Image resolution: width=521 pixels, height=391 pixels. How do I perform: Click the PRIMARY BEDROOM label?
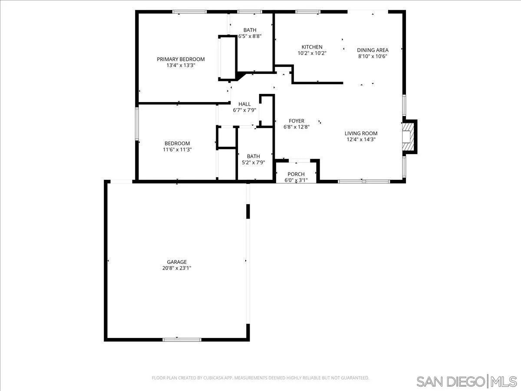(181, 59)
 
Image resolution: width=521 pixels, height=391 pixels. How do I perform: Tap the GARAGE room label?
(177, 262)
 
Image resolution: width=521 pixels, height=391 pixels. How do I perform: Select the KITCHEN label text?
(312, 47)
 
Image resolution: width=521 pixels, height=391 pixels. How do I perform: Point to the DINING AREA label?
(373, 50)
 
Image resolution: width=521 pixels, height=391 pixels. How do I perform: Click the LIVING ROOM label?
(361, 133)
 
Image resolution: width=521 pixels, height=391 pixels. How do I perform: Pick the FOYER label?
(297, 121)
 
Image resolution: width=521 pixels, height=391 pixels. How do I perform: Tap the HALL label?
(244, 104)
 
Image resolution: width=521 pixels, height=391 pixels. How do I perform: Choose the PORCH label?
(296, 174)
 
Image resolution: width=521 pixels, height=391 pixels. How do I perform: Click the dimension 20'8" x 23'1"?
(177, 268)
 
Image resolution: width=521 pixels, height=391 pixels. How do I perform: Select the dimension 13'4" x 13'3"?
(181, 66)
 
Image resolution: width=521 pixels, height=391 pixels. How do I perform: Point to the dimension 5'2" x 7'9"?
(253, 162)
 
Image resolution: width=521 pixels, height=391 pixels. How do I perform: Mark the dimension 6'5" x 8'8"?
(250, 36)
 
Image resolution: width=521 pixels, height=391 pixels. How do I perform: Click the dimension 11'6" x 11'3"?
(177, 149)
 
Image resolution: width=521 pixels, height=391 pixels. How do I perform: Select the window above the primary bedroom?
(189, 12)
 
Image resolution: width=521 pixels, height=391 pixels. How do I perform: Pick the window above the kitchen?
(308, 12)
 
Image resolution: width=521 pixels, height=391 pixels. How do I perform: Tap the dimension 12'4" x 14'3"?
(361, 140)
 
